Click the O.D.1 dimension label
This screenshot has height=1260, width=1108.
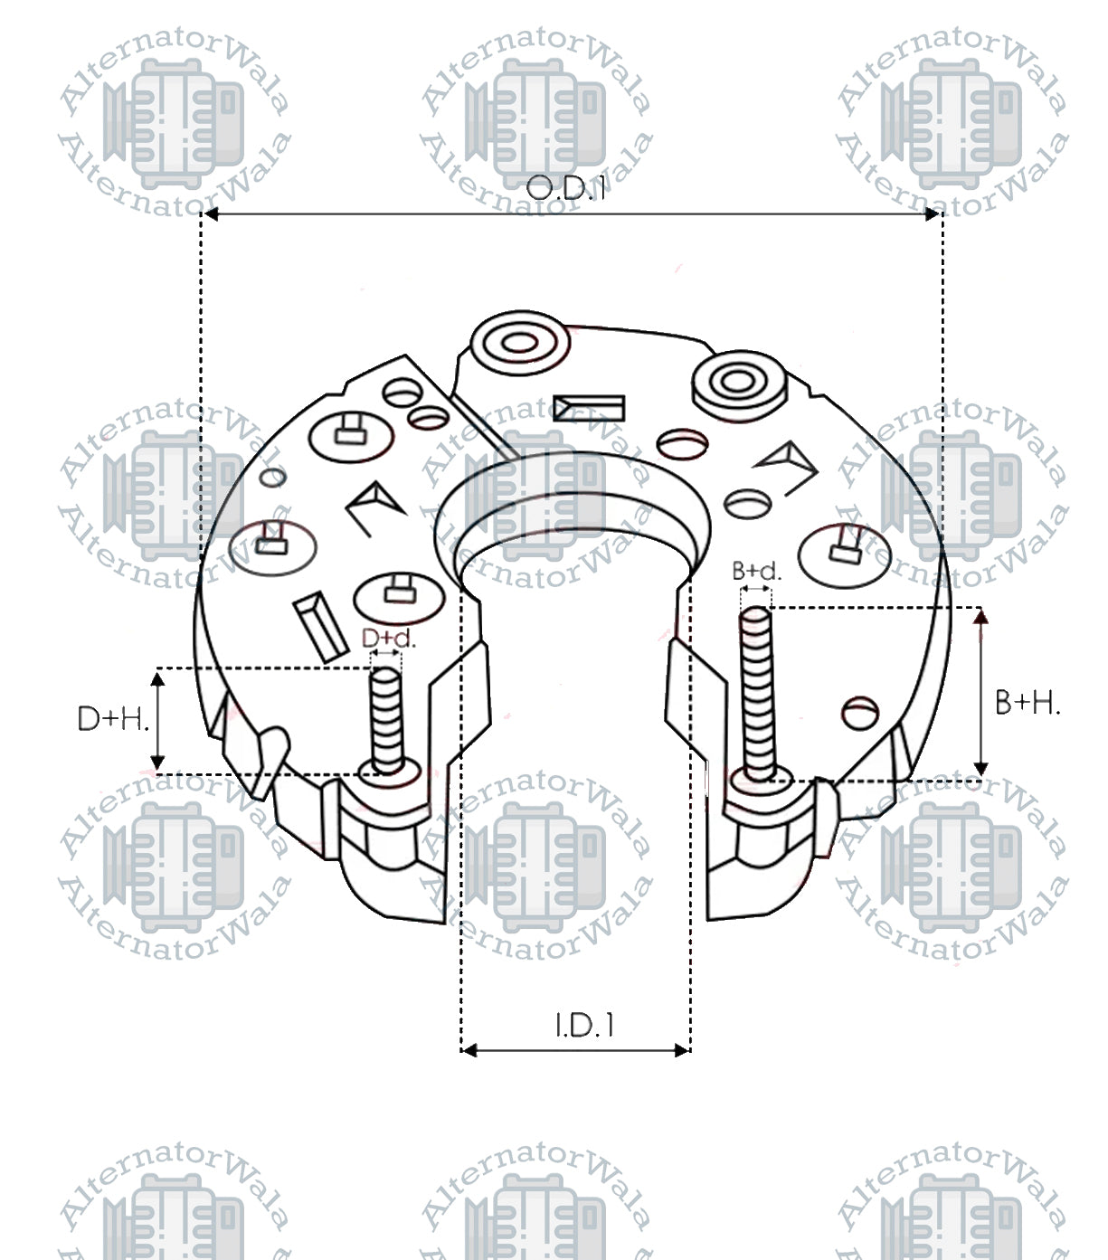point(565,188)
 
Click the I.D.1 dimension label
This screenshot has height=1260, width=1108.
point(584,1026)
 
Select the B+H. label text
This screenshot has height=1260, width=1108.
point(1027,702)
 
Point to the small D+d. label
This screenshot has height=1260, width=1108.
point(388,638)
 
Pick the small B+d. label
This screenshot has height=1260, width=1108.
point(756,571)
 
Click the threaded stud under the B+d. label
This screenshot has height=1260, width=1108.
point(757,692)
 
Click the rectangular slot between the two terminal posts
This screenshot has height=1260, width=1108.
point(589,409)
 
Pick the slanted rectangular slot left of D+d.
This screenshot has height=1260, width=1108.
point(319,624)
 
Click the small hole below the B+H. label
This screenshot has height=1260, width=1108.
point(859,712)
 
